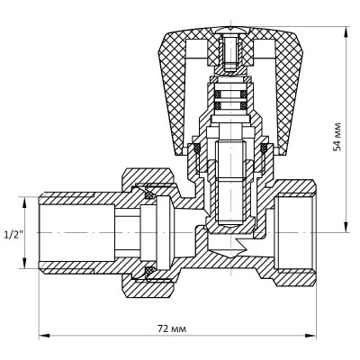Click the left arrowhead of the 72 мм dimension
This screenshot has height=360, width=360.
[x=42, y=340]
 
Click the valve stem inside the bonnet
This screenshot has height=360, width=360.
[x=230, y=171]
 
